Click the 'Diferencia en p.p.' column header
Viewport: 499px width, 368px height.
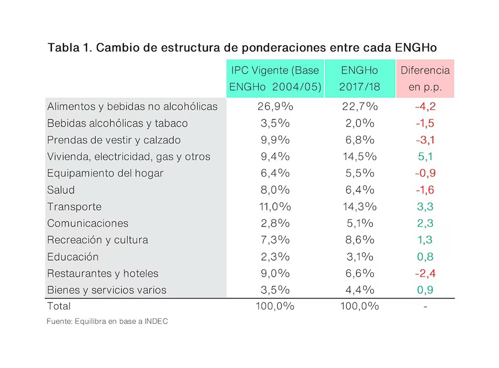(x=425, y=78)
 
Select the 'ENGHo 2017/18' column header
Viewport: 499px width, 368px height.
(x=359, y=78)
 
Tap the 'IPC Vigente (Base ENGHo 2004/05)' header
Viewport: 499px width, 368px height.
(x=275, y=78)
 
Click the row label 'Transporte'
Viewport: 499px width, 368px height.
(x=74, y=207)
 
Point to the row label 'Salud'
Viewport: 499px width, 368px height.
(x=61, y=190)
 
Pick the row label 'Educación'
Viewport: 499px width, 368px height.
(x=73, y=257)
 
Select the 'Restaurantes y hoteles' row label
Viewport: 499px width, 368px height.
(x=103, y=273)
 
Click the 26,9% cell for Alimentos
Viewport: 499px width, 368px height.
(x=275, y=107)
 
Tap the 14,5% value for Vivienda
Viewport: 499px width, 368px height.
(x=359, y=156)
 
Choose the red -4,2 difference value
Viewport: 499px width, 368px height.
(x=425, y=107)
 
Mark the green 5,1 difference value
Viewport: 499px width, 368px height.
(x=425, y=156)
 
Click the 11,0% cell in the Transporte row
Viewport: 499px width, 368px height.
(x=275, y=207)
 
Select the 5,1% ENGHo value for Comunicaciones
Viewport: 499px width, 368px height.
(x=359, y=223)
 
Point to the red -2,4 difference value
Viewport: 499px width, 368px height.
(x=425, y=273)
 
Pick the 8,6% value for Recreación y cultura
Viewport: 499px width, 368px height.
(x=359, y=240)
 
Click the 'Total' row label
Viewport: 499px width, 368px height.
(x=59, y=306)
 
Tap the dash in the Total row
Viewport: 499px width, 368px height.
(x=425, y=306)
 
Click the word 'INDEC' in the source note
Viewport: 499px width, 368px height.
(x=155, y=321)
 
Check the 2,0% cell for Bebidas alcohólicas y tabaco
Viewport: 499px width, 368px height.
(x=359, y=123)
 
